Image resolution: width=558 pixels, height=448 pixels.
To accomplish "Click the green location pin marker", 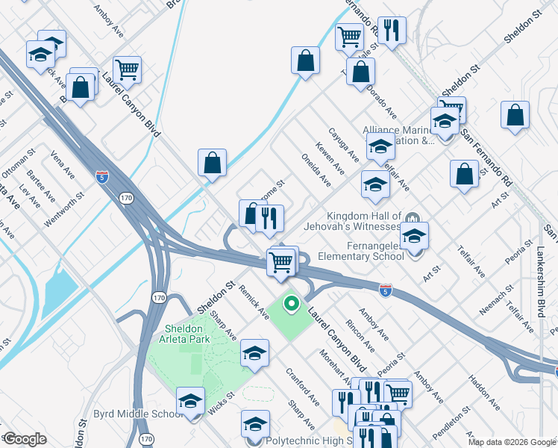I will click(x=292, y=305).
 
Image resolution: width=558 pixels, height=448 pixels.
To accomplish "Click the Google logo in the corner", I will click(x=24, y=439).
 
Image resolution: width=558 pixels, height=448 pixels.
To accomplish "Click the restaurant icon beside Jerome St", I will click(x=269, y=218).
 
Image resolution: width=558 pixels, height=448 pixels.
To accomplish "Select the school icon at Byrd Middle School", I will click(x=190, y=401).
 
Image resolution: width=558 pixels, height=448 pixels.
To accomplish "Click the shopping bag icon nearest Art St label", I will click(x=464, y=174).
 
